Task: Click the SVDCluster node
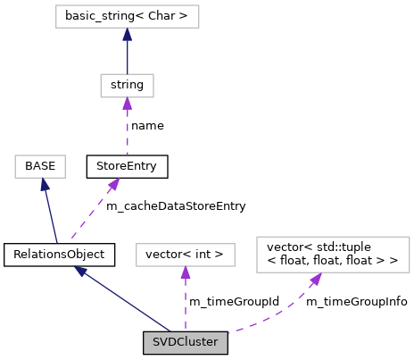tap(185, 342)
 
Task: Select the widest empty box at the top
tap(127, 16)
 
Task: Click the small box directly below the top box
tap(127, 86)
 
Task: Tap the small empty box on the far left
tap(40, 166)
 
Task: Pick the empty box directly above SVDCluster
tap(185, 255)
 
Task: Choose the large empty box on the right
tap(332, 255)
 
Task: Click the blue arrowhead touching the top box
tap(127, 35)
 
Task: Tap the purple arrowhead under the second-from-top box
tap(127, 105)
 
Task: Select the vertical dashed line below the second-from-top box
tap(127, 132)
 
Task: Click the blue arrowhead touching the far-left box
tap(44, 185)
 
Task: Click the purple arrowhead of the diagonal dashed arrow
tap(113, 184)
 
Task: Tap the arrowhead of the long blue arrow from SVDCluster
tap(80, 271)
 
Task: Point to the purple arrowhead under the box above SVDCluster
tap(185, 273)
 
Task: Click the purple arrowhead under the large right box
tap(315, 280)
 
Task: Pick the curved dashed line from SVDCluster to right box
tap(277, 316)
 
